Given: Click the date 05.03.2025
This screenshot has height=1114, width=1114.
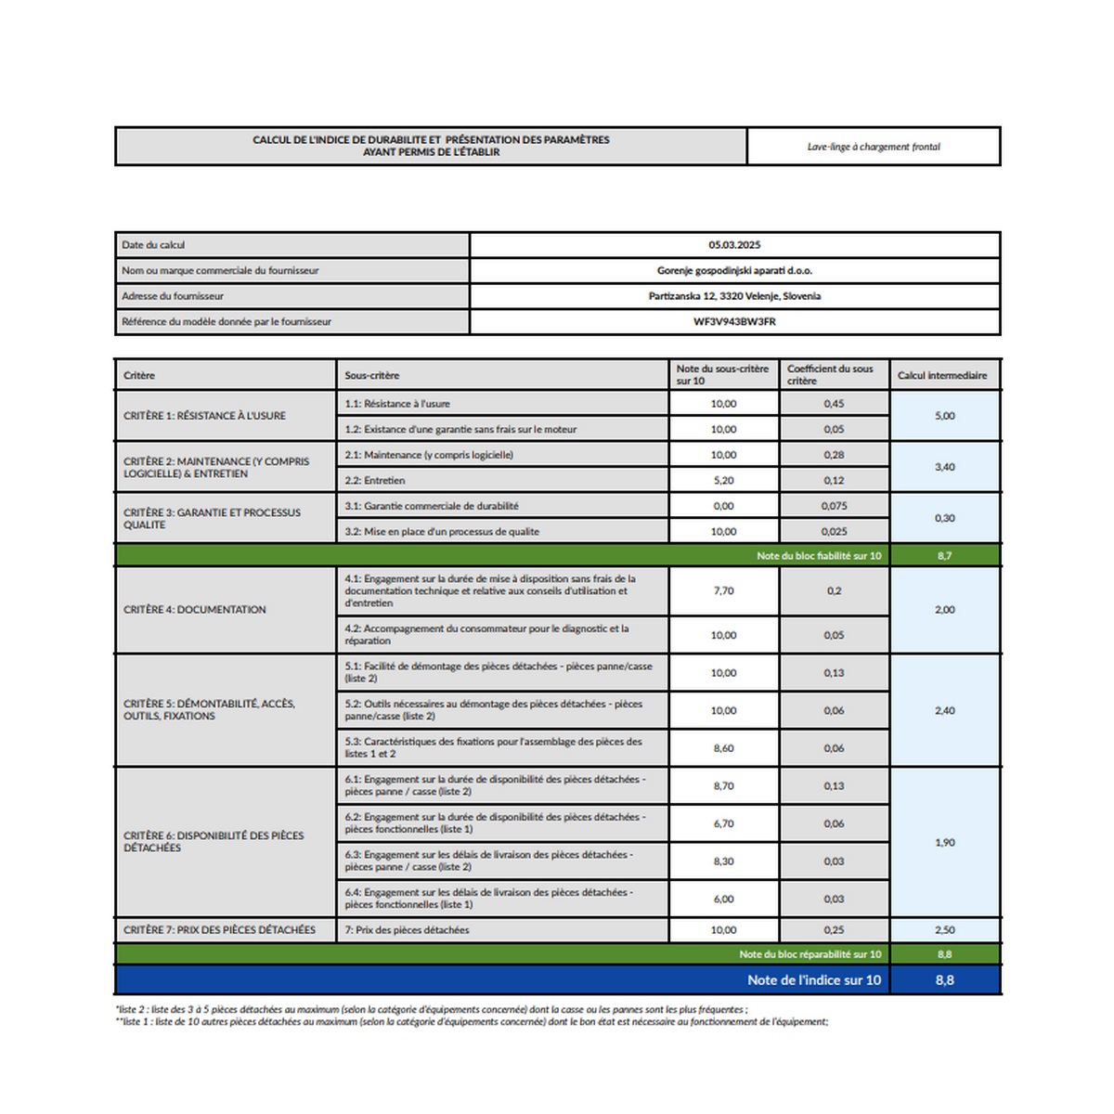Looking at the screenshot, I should point(734,245).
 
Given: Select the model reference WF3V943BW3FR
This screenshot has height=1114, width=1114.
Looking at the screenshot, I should point(734,322).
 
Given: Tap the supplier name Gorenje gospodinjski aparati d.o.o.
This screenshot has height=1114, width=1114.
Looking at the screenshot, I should point(734,271).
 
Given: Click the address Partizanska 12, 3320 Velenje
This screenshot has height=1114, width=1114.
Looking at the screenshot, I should point(734,296).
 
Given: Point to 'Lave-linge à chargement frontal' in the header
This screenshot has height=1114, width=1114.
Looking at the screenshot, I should point(874,147).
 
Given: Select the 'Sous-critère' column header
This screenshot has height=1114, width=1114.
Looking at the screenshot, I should point(372,376).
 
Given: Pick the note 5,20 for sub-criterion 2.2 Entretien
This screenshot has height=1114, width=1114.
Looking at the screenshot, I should point(723,481).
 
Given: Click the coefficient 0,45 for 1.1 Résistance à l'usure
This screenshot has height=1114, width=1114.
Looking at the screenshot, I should point(834,404).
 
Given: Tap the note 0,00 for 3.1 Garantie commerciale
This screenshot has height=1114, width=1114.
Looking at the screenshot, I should point(723,506).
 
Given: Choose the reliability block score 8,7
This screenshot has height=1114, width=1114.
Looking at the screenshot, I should point(944,556).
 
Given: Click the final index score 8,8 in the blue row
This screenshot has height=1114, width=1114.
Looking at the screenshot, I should point(944,980).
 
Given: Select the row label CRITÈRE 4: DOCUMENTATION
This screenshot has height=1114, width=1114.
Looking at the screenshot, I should point(195,610).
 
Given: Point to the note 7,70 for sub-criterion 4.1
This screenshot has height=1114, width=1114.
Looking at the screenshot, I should point(723,590).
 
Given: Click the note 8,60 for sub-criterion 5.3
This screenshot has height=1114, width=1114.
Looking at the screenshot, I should point(723,748).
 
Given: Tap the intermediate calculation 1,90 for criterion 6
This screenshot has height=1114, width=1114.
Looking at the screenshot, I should point(944,843).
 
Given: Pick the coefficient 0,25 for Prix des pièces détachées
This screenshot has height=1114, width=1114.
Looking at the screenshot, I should point(834,930).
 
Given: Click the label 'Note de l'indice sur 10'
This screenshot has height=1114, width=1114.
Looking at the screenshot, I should point(814,980).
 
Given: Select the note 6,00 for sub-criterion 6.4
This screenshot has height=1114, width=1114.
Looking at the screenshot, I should point(723,899).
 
